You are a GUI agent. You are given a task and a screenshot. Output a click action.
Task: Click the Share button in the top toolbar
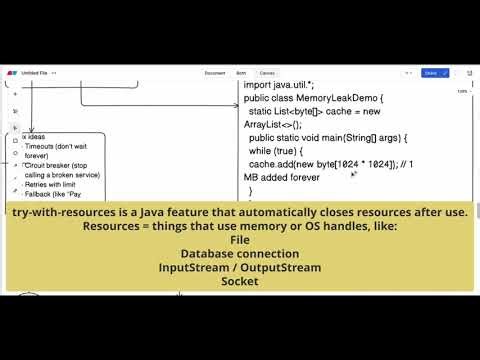[x=430, y=73]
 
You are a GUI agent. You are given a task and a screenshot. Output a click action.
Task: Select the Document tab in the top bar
[x=215, y=73]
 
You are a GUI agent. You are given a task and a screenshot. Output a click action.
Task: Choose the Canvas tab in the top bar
[x=268, y=73]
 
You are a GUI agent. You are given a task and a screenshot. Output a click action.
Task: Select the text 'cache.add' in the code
[x=271, y=163]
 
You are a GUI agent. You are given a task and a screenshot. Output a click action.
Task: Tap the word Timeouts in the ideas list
[x=43, y=146]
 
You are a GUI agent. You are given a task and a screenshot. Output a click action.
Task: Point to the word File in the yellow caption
[x=239, y=240]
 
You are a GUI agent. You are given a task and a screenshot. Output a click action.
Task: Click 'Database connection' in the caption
[x=239, y=254]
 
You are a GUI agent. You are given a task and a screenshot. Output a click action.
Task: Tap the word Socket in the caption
[x=239, y=282]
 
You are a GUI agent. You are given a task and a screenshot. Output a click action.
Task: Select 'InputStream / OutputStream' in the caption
[x=239, y=268]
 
